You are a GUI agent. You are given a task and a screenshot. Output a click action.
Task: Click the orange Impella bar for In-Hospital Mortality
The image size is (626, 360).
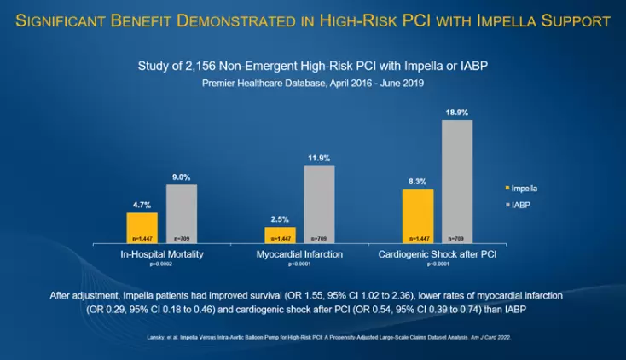tap(142, 229)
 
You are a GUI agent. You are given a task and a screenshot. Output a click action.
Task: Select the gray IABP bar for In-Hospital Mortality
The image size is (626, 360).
tap(181, 214)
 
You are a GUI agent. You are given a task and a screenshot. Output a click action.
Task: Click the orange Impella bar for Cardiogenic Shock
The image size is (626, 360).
tap(418, 217)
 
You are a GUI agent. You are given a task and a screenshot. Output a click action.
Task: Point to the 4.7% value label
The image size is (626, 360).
tap(142, 206)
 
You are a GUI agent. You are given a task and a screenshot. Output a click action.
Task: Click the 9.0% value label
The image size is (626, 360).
tap(181, 177)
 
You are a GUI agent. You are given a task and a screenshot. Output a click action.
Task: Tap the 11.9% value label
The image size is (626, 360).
tap(318, 158)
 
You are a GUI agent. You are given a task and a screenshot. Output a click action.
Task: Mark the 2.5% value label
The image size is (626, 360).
tap(280, 220)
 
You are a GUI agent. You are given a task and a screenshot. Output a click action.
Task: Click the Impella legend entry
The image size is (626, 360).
tap(522, 188)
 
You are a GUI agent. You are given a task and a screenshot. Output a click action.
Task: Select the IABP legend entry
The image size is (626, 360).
tap(519, 206)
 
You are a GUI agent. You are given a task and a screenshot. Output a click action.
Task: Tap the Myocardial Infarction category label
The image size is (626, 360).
tap(299, 255)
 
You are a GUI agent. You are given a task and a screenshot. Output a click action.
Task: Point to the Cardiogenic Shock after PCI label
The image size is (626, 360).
tap(437, 255)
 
